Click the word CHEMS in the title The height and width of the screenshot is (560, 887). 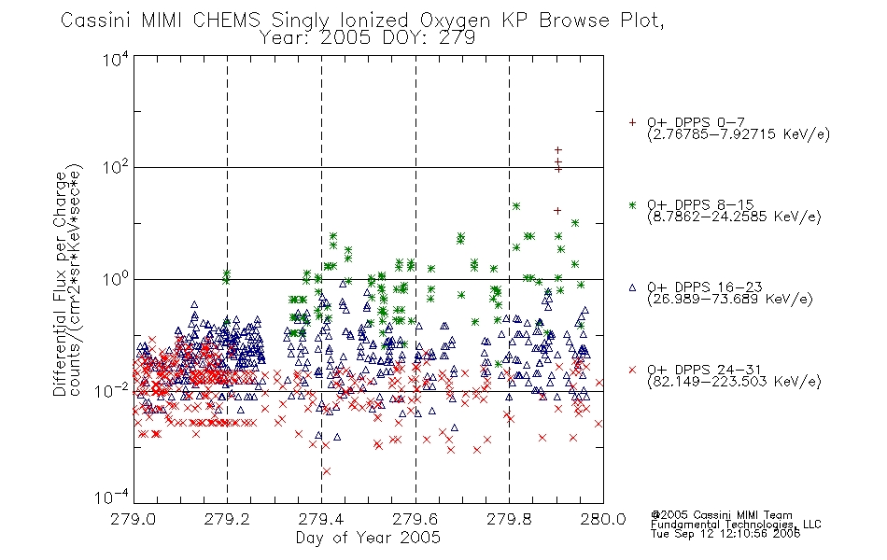point(226,21)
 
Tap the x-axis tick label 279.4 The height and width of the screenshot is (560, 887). point(321,519)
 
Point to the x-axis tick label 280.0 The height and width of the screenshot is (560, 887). point(602,519)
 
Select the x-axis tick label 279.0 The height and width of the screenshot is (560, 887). point(133,519)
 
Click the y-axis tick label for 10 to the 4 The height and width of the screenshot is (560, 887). point(116,60)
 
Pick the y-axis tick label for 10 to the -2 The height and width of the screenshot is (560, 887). point(113,390)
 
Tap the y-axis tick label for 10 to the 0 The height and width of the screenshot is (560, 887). point(116,279)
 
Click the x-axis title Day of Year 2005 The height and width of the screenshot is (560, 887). point(368,538)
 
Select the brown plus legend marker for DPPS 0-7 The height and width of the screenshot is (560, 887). point(632,122)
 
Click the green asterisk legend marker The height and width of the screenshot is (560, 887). point(632,204)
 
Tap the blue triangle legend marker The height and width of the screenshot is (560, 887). point(632,287)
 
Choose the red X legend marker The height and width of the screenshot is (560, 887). point(632,370)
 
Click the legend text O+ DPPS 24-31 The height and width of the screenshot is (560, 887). point(704,370)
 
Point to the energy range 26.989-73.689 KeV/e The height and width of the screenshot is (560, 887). point(730,299)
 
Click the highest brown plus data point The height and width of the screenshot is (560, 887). point(557,150)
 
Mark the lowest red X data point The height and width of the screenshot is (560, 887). point(327,471)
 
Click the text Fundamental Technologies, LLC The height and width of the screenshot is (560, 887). point(736,525)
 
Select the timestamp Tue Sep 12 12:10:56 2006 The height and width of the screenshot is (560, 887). point(725,534)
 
